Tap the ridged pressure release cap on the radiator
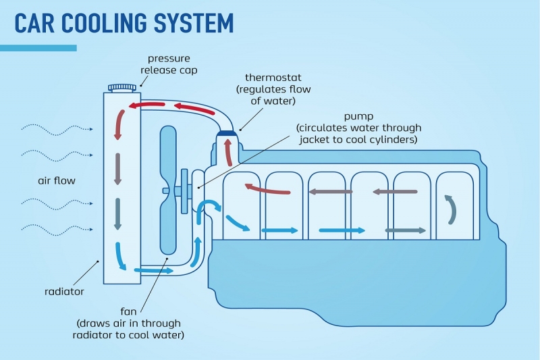pyautogui.click(x=122, y=87)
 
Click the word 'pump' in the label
pyautogui.click(x=358, y=117)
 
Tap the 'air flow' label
pyautogui.click(x=57, y=181)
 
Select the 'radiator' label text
pyautogui.click(x=64, y=292)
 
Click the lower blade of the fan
pyautogui.click(x=169, y=226)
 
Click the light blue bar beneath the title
pyautogui.click(x=38, y=48)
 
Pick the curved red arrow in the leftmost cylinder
pyautogui.click(x=267, y=190)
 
